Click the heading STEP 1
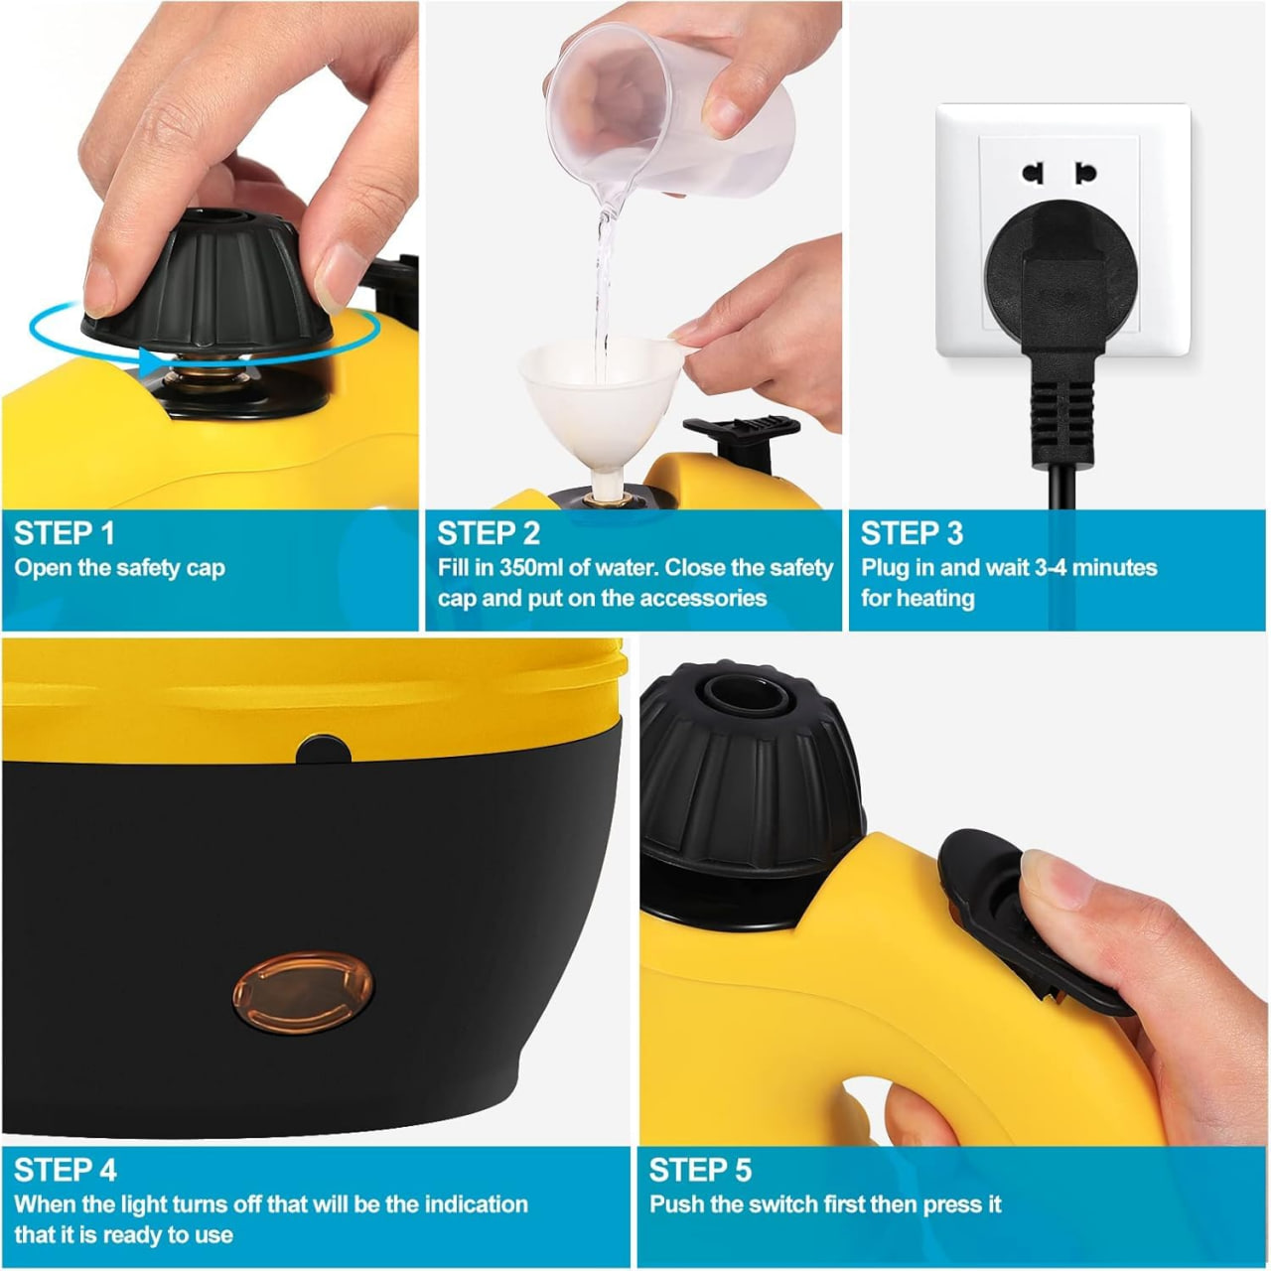click(x=64, y=533)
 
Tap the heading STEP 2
click(x=489, y=533)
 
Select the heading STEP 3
click(x=912, y=533)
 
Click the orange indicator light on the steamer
click(x=303, y=992)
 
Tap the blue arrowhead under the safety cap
click(x=152, y=362)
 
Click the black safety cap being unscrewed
click(x=207, y=284)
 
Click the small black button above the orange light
click(x=323, y=750)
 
